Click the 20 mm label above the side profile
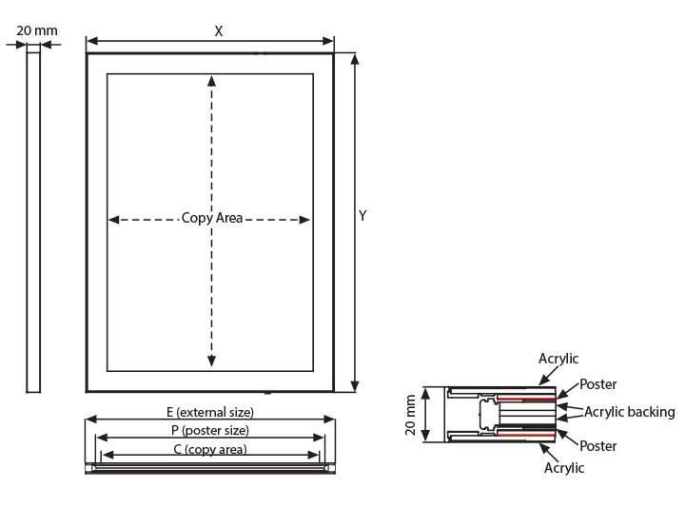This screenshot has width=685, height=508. [x=37, y=30]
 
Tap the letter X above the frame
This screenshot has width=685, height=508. [x=219, y=31]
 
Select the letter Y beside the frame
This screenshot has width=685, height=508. [x=362, y=215]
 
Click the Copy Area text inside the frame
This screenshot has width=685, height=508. [x=212, y=218]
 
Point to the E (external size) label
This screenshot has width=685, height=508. [x=210, y=412]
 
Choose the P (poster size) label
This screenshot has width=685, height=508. [x=210, y=430]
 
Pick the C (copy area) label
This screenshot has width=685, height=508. [x=210, y=449]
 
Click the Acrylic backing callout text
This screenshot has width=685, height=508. [x=630, y=412]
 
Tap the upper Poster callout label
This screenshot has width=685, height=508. [x=598, y=384]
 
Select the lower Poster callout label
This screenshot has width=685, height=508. [x=598, y=446]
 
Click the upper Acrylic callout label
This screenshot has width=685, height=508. [x=558, y=359]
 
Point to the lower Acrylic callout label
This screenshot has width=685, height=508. [x=564, y=468]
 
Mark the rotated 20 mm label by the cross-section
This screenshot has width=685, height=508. [x=411, y=415]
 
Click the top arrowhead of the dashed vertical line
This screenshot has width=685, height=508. [x=212, y=81]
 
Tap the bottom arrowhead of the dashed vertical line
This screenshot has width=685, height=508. [x=212, y=361]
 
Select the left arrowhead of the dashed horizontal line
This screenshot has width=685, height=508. [x=113, y=220]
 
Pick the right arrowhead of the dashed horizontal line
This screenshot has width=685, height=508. [x=304, y=220]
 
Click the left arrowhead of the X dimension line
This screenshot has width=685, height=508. [x=92, y=42]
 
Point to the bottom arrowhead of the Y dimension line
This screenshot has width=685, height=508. [x=355, y=386]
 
